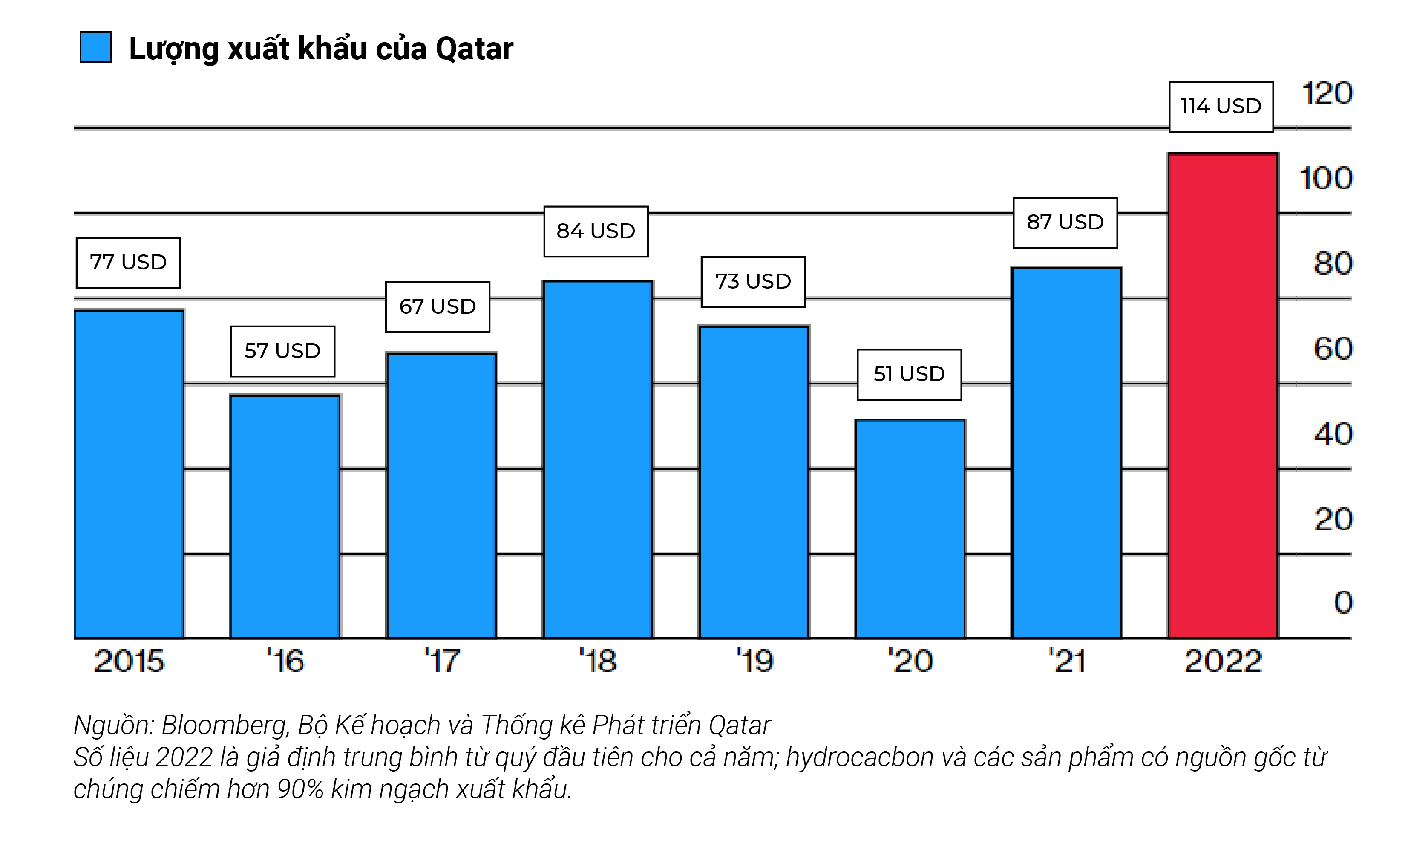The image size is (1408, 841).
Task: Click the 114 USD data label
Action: (1221, 107)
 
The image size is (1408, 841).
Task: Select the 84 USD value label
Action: (596, 231)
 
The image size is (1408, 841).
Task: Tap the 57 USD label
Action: (282, 351)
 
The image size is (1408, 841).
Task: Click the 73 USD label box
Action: (753, 282)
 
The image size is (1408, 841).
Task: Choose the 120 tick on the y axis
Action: (1327, 93)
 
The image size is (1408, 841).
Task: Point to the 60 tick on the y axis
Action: (1333, 349)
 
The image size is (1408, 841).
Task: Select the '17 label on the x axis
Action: (442, 661)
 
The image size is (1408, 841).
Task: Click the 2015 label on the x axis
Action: (129, 661)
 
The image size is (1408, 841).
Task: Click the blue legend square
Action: (95, 47)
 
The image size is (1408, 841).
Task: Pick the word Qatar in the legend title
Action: (474, 49)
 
